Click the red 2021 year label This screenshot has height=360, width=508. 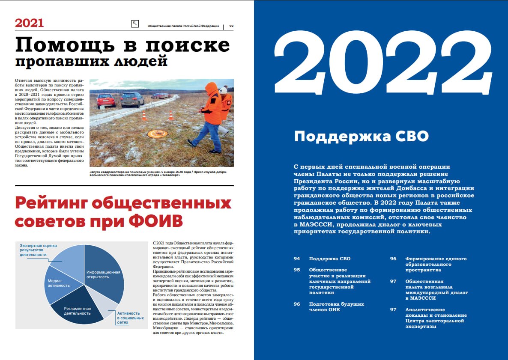[x=30, y=23]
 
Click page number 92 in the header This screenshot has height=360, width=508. [x=231, y=26]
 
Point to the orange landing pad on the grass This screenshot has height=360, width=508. [x=158, y=134]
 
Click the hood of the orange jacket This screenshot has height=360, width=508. [x=211, y=88]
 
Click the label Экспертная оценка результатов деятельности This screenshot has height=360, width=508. [x=39, y=250]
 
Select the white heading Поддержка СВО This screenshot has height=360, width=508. [x=361, y=137]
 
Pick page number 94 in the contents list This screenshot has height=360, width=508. [x=297, y=259]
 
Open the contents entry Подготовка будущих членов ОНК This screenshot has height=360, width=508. [x=336, y=306]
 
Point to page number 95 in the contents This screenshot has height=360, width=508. [x=297, y=270]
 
